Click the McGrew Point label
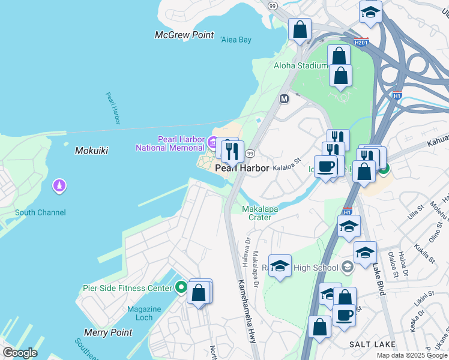[184, 35]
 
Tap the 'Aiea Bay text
[235, 40]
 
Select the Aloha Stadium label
[301, 65]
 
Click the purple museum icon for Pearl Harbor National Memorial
[212, 143]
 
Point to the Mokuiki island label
[91, 151]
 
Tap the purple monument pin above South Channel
[59, 186]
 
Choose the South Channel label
[40, 212]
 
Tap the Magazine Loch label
[144, 313]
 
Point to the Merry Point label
[108, 332]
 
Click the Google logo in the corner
[20, 353]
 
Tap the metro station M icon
[285, 98]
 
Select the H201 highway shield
[361, 43]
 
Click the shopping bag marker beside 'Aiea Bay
[300, 29]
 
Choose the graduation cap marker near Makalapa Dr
[280, 266]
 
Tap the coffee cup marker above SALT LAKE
[344, 314]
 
